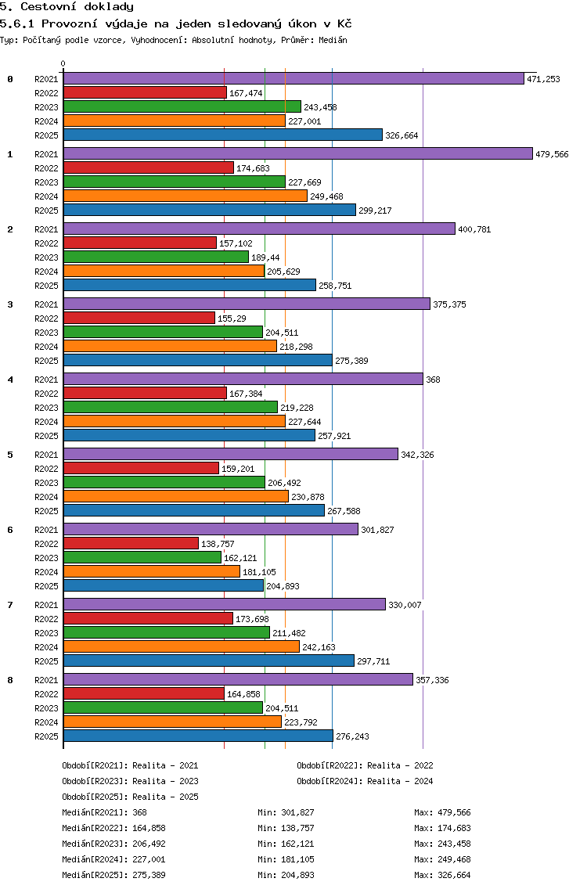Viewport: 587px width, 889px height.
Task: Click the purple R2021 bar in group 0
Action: pyautogui.click(x=293, y=79)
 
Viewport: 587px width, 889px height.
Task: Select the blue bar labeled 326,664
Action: pyautogui.click(x=223, y=135)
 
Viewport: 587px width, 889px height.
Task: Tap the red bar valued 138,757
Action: pyautogui.click(x=131, y=543)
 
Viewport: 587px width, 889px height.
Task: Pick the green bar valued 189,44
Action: pyautogui.click(x=156, y=257)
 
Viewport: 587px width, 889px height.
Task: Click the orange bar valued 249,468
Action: pyautogui.click(x=185, y=196)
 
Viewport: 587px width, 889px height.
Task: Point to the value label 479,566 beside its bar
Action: pyautogui.click(x=552, y=154)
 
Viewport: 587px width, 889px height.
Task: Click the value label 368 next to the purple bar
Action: pyautogui.click(x=433, y=380)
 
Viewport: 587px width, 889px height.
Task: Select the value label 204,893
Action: pyautogui.click(x=283, y=586)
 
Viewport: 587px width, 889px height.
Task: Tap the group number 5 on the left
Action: pyautogui.click(x=10, y=455)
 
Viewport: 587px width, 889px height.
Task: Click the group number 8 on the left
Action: pyautogui.click(x=10, y=680)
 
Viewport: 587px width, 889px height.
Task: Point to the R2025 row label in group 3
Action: pyautogui.click(x=46, y=361)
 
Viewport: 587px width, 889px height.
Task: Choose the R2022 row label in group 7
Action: pyautogui.click(x=46, y=619)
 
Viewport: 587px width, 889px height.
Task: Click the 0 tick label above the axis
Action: pyautogui.click(x=63, y=63)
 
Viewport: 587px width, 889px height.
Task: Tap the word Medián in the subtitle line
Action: pyautogui.click(x=333, y=40)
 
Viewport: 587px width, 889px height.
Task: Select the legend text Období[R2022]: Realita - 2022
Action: pyautogui.click(x=365, y=765)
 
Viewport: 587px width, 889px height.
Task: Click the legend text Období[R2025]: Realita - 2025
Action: pyautogui.click(x=131, y=797)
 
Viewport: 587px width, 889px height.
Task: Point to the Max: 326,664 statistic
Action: pyautogui.click(x=442, y=875)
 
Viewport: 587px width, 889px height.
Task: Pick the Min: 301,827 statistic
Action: pyautogui.click(x=286, y=812)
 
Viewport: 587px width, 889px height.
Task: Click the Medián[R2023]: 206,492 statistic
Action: pyautogui.click(x=114, y=844)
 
